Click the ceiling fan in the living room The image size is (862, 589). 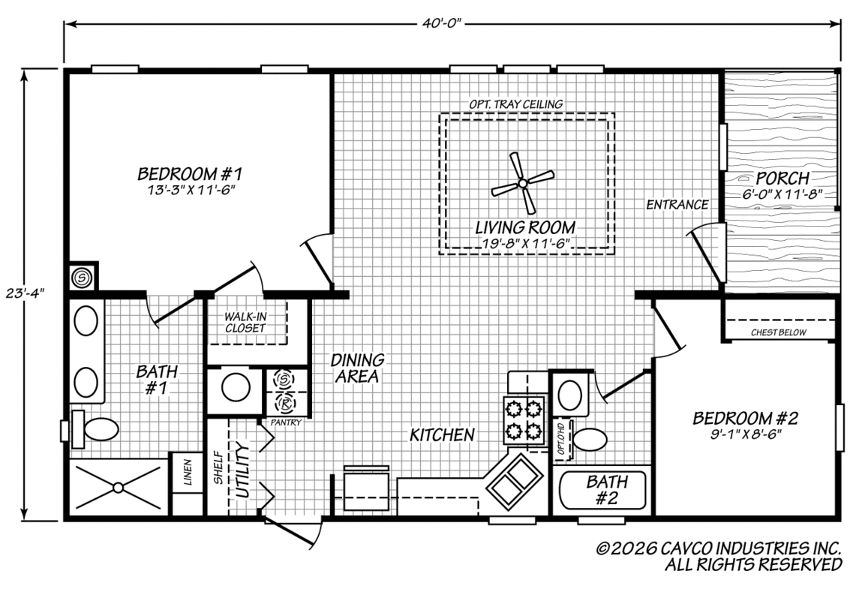click(522, 183)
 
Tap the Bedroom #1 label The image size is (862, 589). click(190, 174)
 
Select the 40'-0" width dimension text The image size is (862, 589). click(442, 23)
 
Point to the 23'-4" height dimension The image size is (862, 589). click(26, 293)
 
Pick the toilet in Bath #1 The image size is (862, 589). click(96, 428)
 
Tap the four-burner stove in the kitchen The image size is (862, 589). click(524, 419)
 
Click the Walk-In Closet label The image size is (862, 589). click(245, 323)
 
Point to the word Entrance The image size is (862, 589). click(677, 205)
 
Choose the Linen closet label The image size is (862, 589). click(188, 472)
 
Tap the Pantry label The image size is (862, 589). click(286, 422)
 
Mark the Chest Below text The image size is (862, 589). click(779, 332)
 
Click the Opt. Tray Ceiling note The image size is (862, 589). click(515, 104)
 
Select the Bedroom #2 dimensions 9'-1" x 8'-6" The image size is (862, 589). click(746, 434)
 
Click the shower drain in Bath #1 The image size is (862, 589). click(118, 487)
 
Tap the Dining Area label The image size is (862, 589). click(357, 368)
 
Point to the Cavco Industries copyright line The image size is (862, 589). click(719, 548)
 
